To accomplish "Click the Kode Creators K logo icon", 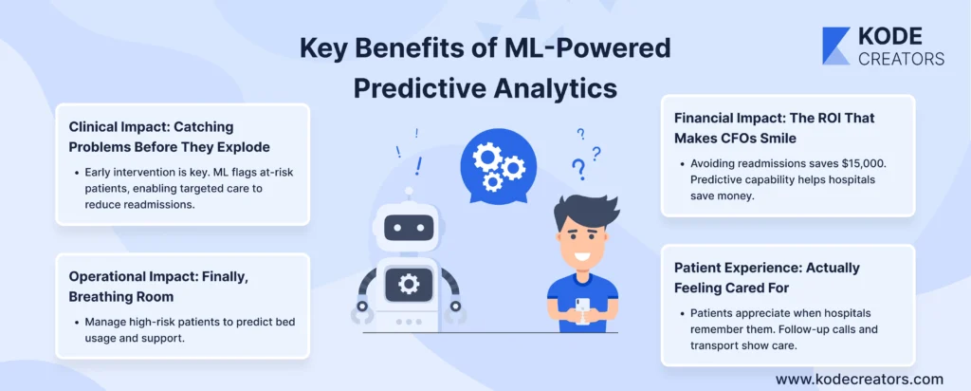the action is coord(836,46).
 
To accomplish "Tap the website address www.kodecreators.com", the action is coord(859,379).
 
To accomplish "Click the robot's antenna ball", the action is coord(408,192).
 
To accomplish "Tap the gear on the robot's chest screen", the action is coord(409,285).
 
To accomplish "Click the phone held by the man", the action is coord(582,309).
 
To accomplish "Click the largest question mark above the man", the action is coord(578,168).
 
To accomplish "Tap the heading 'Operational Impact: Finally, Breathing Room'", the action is coord(158,287).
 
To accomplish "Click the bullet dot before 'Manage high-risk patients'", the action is coord(77,323).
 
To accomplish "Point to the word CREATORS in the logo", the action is coord(901,58).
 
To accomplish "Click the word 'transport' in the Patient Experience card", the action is coord(712,344).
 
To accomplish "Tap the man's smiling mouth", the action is coord(582,255).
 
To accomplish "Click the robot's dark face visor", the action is coord(408,228).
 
